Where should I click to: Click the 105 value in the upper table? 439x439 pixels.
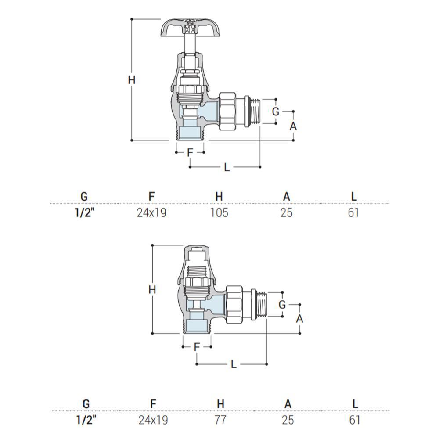click(219, 213)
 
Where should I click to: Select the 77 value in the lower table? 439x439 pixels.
click(220, 420)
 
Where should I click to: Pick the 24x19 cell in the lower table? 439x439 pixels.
click(153, 420)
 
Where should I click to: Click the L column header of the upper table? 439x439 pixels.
click(354, 197)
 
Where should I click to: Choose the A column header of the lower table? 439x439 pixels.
click(288, 404)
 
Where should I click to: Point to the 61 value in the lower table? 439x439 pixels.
click(354, 420)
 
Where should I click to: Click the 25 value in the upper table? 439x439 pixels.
click(286, 213)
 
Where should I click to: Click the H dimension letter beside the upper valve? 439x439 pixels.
click(132, 80)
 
